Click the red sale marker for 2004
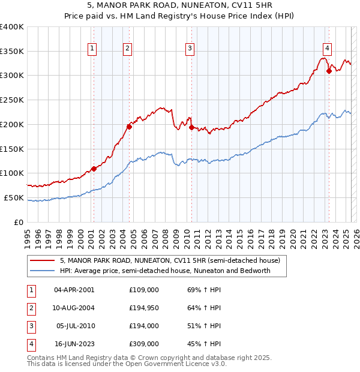click(129, 127)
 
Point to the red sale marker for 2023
click(329, 71)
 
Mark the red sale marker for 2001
click(94, 169)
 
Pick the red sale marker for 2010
click(191, 127)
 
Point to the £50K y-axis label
click(14, 197)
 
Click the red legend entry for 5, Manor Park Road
click(170, 260)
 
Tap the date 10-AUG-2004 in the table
click(74, 308)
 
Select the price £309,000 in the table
click(144, 344)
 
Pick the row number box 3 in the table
click(30, 326)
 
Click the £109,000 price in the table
click(144, 290)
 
